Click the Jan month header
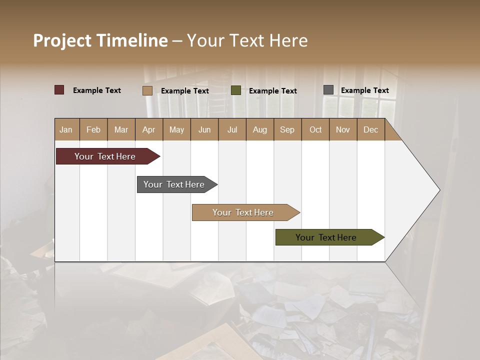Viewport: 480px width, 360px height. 66,130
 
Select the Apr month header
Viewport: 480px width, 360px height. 148,130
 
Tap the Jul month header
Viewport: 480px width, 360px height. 232,130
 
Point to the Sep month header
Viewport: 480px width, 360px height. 287,130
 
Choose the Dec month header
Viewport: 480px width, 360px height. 370,130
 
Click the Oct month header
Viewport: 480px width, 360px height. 315,130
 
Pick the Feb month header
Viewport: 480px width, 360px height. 93,130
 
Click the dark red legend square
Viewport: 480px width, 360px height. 59,90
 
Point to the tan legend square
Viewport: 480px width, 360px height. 147,90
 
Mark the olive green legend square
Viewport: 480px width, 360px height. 236,90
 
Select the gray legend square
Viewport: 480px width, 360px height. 328,90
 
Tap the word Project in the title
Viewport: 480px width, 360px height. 62,40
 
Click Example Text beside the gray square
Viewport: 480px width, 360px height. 364,90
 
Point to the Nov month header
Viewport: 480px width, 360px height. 343,130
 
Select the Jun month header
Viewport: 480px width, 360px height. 204,130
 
